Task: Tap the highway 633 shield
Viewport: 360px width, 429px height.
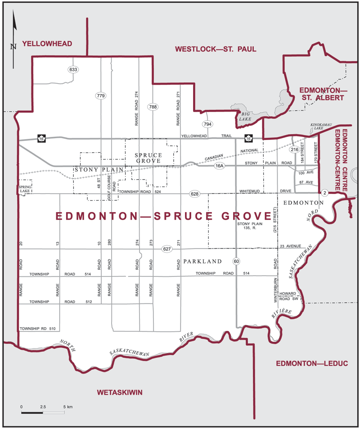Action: (73, 70)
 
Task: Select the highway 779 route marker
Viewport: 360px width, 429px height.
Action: (100, 95)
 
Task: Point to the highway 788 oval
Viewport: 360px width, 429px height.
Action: (153, 107)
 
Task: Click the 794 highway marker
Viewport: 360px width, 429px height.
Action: (207, 124)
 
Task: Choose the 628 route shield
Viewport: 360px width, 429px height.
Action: (194, 194)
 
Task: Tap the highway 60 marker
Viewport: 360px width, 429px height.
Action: (236, 261)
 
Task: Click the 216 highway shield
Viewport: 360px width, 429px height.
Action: (295, 149)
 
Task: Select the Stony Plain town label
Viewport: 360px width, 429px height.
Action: (92, 170)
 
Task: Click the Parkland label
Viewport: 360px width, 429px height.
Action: (202, 261)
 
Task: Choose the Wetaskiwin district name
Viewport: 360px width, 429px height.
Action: (120, 393)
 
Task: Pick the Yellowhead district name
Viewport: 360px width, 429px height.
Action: (47, 44)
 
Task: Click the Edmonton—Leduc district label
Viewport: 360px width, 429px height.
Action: (306, 363)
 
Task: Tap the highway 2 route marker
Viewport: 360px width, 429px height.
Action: (324, 193)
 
